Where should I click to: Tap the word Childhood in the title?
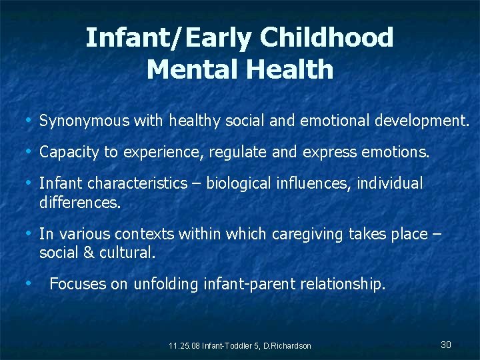point(327,38)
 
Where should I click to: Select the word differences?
point(80,202)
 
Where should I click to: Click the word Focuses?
point(78,285)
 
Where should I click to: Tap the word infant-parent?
point(249,285)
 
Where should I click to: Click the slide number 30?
point(446,345)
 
